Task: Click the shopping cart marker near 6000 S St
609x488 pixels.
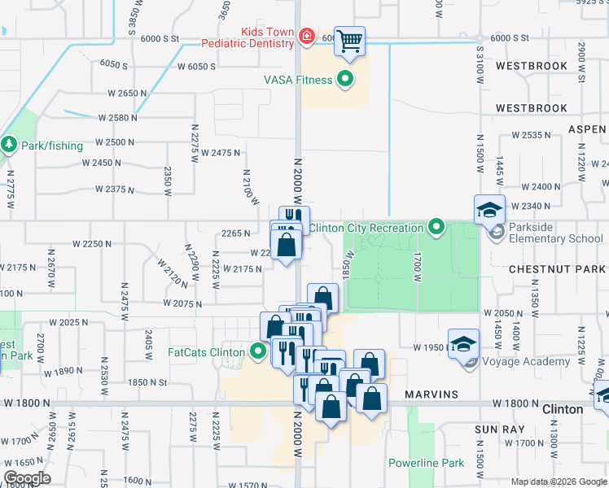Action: (x=349, y=40)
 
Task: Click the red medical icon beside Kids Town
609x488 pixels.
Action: (x=306, y=36)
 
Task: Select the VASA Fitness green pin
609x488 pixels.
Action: (x=345, y=80)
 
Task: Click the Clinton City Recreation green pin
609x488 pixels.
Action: (x=437, y=228)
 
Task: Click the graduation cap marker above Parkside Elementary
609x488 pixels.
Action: (x=490, y=209)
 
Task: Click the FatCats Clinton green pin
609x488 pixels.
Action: (x=259, y=352)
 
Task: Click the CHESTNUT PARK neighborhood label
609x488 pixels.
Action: (x=558, y=268)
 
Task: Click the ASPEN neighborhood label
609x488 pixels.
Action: (x=587, y=129)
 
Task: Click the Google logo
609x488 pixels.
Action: (x=26, y=478)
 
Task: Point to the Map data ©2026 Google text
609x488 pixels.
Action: (x=558, y=481)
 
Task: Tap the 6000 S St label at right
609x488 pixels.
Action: (x=508, y=38)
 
